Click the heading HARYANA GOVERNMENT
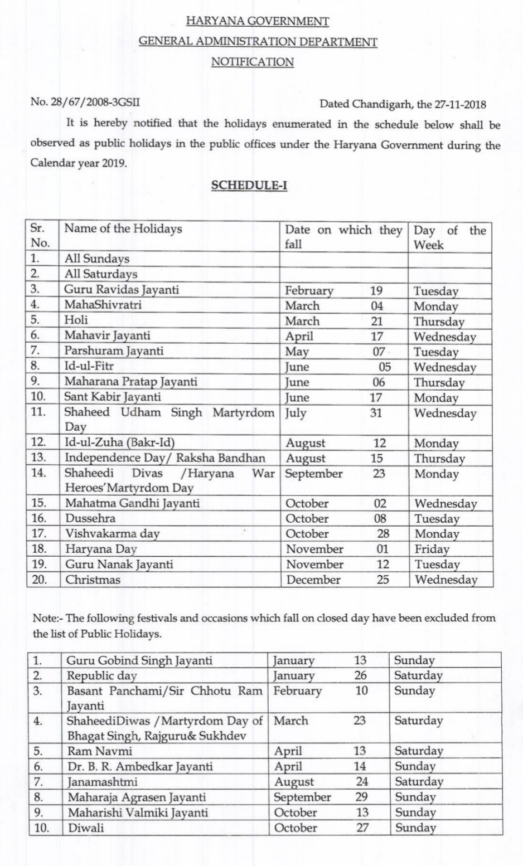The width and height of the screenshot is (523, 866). click(257, 21)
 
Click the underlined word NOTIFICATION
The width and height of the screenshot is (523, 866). click(252, 62)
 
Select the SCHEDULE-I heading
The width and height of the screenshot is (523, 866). click(249, 185)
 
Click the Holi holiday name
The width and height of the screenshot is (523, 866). click(76, 320)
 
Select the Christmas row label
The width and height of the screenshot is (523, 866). click(93, 580)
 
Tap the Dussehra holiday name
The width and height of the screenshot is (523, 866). click(90, 518)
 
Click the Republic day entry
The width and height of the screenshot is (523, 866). click(102, 675)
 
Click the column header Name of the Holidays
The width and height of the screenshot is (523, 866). click(123, 229)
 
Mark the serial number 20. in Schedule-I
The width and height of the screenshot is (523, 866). click(40, 580)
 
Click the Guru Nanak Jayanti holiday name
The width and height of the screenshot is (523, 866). click(119, 565)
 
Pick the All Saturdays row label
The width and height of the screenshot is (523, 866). click(101, 274)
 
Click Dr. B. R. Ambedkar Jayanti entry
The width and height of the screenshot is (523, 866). click(140, 766)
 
